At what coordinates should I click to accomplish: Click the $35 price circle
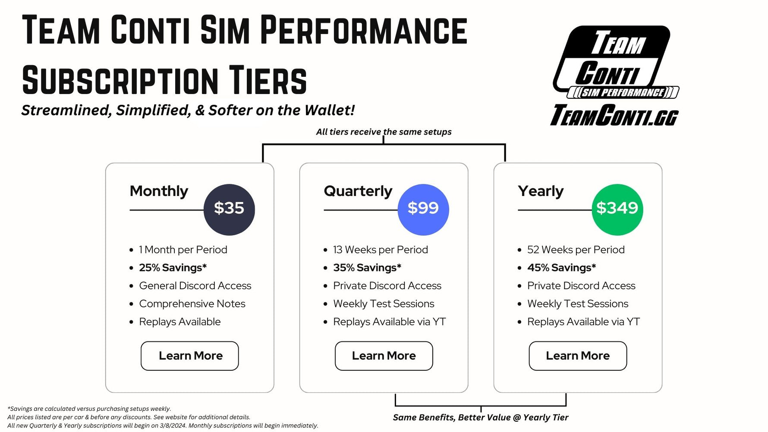pos(229,209)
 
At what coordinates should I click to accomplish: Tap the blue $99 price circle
pos(423,209)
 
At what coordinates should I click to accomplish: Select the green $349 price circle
pos(617,209)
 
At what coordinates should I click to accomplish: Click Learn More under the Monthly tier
pos(190,356)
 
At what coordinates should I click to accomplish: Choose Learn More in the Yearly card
pos(578,356)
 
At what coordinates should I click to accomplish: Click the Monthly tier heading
pos(159,191)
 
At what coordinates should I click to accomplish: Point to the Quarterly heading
pos(358,191)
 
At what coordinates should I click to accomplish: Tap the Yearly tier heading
pos(541,191)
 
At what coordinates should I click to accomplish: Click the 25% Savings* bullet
pos(173,268)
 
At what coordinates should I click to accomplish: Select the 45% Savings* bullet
pos(561,268)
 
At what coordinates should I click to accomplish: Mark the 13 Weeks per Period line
pos(380,249)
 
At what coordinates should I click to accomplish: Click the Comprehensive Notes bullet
pos(192,304)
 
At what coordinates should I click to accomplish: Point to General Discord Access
pos(195,286)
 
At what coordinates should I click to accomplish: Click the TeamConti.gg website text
pos(614,115)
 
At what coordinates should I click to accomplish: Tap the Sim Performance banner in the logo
pos(623,92)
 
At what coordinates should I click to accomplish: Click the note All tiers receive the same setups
pos(384,132)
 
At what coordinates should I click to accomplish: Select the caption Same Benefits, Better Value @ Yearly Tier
pos(480,417)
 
